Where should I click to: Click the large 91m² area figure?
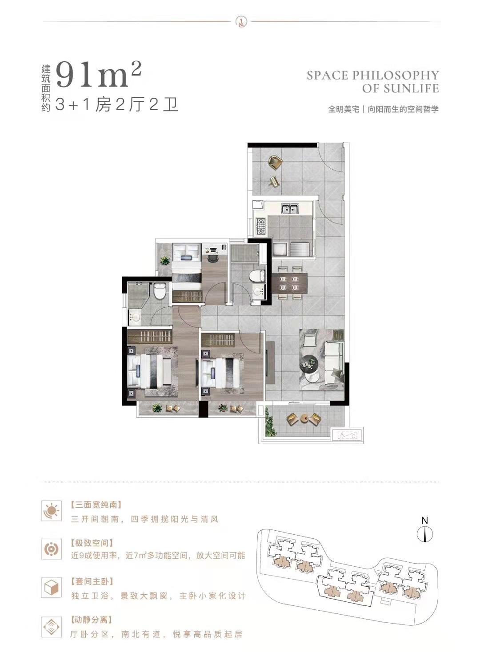point(99,76)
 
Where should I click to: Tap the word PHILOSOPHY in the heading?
point(395,76)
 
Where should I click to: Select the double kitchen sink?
point(289,209)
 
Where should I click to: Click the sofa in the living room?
point(334,363)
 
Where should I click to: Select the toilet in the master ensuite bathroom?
point(160,291)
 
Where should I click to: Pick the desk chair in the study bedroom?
point(213,258)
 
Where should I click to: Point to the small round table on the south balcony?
point(304,418)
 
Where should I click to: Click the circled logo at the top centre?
point(240,21)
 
